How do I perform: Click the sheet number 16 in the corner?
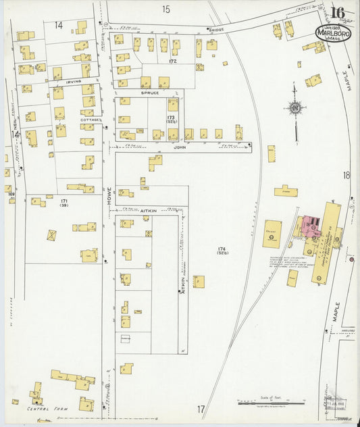338,13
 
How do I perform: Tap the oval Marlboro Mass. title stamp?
332,33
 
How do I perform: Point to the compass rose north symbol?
294,107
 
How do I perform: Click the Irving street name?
73,81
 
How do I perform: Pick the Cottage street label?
90,120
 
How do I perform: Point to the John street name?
178,146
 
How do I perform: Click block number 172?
172,61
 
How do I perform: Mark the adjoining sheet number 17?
201,409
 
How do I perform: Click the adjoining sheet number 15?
166,9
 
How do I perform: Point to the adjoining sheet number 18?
346,176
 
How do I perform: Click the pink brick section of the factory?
312,226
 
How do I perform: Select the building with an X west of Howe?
52,235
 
